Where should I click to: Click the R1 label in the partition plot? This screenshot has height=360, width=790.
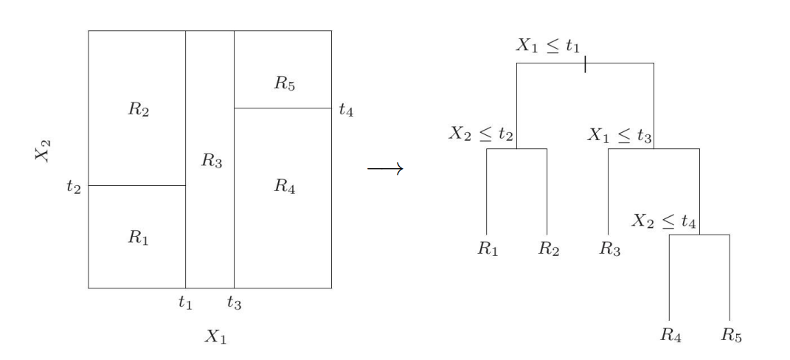point(137,238)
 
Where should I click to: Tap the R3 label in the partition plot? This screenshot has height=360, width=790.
point(211,162)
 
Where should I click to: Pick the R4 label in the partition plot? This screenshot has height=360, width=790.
point(285,186)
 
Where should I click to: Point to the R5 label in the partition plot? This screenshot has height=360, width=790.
point(285,83)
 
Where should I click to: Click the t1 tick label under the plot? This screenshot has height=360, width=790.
point(185,302)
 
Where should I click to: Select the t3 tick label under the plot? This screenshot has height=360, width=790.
point(234,302)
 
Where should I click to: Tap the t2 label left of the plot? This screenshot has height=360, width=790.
point(73,186)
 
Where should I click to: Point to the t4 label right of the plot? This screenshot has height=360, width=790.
point(346,110)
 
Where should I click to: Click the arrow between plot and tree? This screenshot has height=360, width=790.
point(385,170)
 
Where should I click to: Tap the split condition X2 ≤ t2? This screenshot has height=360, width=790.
point(481,134)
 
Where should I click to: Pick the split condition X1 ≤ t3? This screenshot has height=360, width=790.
point(620,134)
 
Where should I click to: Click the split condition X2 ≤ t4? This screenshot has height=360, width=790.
point(665,220)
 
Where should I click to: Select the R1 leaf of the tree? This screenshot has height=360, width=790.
point(487,249)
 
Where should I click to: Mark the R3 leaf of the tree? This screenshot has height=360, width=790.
point(609,249)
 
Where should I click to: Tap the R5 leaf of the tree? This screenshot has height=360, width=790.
point(731,336)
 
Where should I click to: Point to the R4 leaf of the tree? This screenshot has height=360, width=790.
point(671,336)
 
